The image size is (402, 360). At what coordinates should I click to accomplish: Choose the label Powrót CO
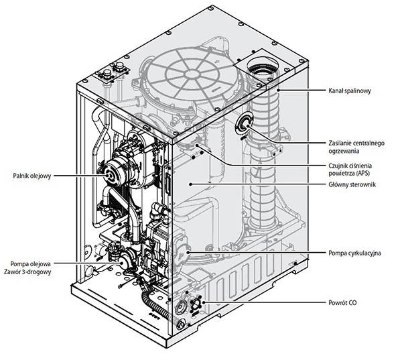342,304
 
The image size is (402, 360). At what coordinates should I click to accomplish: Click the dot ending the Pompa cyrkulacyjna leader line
189,253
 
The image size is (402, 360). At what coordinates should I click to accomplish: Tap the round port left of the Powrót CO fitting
179,308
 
